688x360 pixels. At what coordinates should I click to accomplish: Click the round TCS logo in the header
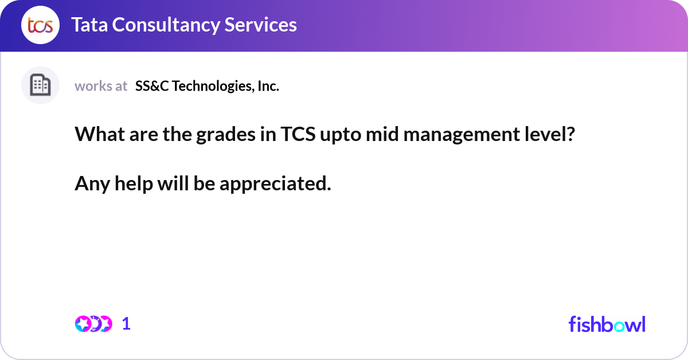pyautogui.click(x=40, y=25)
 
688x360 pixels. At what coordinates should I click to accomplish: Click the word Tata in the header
pyautogui.click(x=89, y=25)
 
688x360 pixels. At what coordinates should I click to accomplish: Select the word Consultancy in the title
pyautogui.click(x=166, y=25)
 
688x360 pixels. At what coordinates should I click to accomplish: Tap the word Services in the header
pyautogui.click(x=260, y=25)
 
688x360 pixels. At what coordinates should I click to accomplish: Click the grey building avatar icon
pyautogui.click(x=40, y=85)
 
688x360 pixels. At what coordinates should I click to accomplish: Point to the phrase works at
pyautogui.click(x=101, y=86)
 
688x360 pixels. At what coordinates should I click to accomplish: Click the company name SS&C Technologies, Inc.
pyautogui.click(x=207, y=86)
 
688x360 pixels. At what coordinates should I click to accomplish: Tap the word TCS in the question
pyautogui.click(x=298, y=134)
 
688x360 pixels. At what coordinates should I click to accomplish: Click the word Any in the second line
pyautogui.click(x=92, y=184)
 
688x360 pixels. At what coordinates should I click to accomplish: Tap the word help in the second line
pyautogui.click(x=134, y=184)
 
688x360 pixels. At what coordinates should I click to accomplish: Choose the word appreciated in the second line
pyautogui.click(x=275, y=184)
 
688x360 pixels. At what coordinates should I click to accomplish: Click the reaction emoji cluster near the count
pyautogui.click(x=93, y=324)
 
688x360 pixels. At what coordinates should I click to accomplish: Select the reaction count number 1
pyautogui.click(x=126, y=324)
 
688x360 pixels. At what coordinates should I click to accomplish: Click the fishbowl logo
pyautogui.click(x=607, y=324)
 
